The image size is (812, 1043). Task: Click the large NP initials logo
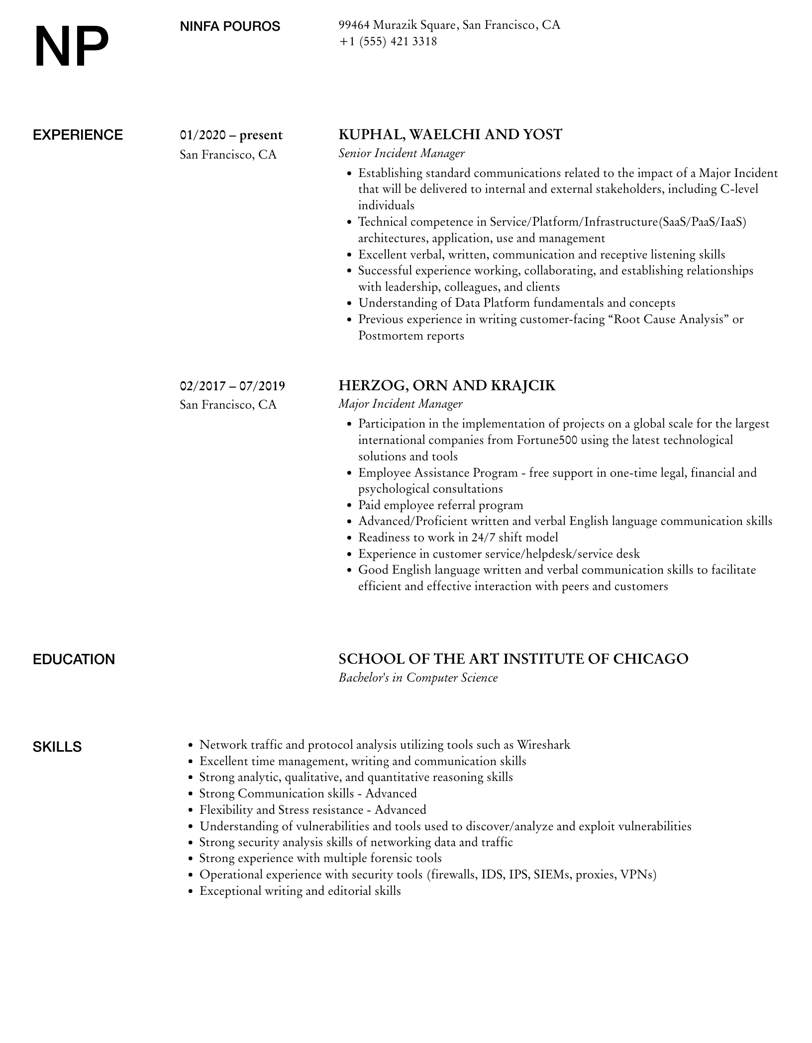(71, 47)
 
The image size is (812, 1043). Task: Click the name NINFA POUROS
(230, 26)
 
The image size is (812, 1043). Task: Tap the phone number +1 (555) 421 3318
(388, 41)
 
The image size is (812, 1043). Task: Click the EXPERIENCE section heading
(78, 135)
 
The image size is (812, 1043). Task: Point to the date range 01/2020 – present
(231, 135)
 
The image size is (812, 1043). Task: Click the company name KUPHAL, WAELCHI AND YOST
(450, 135)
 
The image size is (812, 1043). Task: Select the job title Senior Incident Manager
(401, 153)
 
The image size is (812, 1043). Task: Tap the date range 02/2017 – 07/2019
(232, 386)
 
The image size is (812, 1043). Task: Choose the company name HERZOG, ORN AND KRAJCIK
(446, 385)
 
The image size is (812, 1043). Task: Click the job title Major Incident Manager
(400, 404)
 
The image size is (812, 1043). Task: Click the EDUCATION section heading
(74, 659)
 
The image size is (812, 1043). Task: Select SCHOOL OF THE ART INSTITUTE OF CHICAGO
(513, 659)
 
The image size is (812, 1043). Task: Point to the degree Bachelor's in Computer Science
(417, 678)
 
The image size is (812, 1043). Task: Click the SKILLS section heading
(57, 747)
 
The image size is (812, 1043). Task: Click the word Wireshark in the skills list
(543, 745)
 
